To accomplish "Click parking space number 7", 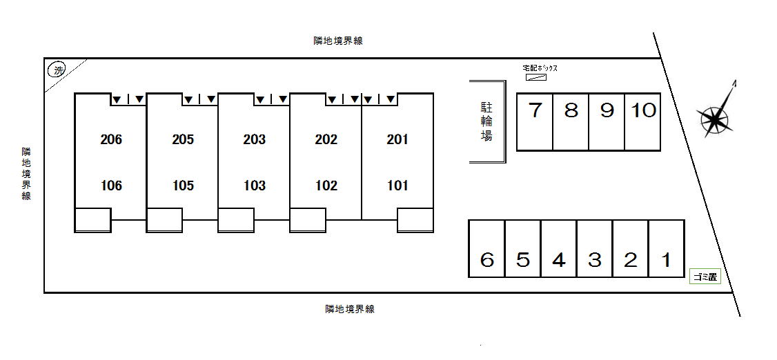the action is coord(535,122).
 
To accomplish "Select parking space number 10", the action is coord(642,122).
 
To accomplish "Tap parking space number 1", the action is coord(667,248).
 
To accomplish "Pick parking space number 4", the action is coord(559,248).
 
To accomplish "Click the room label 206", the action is coord(111,139).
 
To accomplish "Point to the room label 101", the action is coord(397,186).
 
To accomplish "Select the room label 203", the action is coord(254,139).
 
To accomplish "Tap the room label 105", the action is coord(183,186).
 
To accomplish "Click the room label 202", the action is coord(326,139).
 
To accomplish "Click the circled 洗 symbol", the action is coord(57,71).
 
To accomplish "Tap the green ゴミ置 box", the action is coord(705,277).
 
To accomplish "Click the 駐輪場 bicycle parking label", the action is coord(486,122).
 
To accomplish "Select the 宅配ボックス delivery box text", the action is coord(540,68).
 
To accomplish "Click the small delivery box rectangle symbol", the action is coord(535,77).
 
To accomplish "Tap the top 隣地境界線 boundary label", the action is coord(338,41).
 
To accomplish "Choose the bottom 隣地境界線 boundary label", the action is coord(350,310).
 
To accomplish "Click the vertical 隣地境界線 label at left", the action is coord(26,173).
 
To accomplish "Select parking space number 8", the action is coord(571,122).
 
